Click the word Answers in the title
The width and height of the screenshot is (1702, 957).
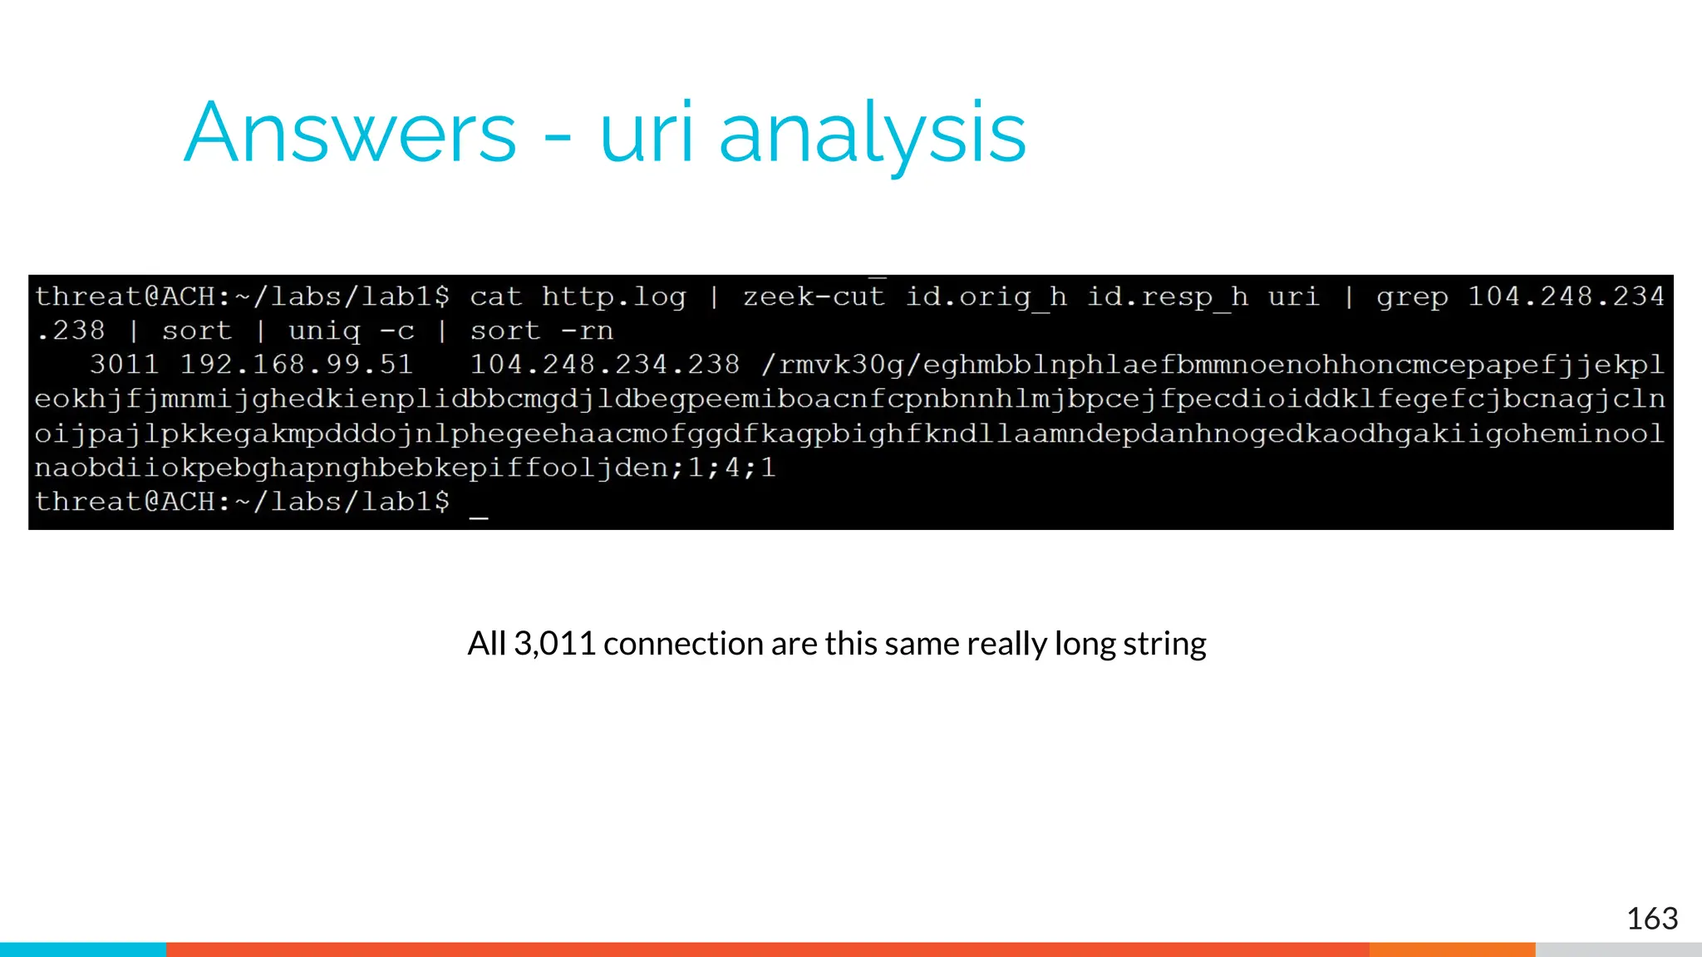click(x=350, y=133)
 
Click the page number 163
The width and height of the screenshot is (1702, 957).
click(x=1651, y=919)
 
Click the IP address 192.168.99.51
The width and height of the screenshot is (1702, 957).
click(x=297, y=365)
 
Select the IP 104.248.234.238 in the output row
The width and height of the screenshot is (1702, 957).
click(x=604, y=365)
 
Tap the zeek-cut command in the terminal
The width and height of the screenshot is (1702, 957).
click(x=814, y=297)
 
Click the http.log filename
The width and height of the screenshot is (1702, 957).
click(x=614, y=297)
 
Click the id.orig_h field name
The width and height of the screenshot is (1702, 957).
click(x=986, y=297)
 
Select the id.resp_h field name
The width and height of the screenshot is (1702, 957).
click(x=1168, y=297)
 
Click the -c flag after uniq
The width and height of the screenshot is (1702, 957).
click(x=396, y=331)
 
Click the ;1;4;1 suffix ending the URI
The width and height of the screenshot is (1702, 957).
click(x=722, y=468)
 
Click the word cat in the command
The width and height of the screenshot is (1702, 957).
click(x=496, y=297)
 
